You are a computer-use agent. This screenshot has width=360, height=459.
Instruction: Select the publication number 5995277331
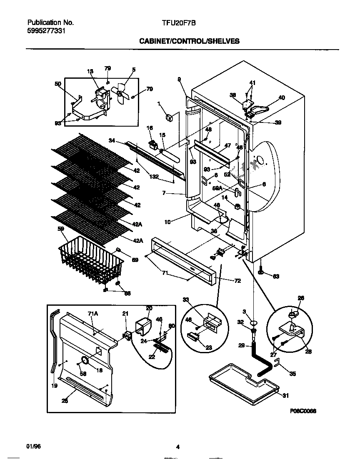[46, 31]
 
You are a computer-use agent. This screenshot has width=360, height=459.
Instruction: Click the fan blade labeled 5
[121, 93]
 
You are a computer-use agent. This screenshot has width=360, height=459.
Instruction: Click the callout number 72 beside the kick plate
[237, 281]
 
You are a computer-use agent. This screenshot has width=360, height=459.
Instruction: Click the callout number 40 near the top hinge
[281, 98]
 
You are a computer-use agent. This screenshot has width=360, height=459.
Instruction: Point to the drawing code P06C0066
[303, 410]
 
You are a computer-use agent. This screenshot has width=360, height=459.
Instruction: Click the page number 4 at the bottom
[178, 447]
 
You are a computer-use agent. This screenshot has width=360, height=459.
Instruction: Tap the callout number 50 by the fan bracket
[57, 84]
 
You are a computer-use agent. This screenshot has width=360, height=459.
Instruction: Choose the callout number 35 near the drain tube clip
[292, 374]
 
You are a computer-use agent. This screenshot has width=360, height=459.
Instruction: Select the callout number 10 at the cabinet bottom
[167, 222]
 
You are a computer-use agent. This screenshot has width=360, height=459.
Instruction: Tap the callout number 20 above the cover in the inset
[149, 308]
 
